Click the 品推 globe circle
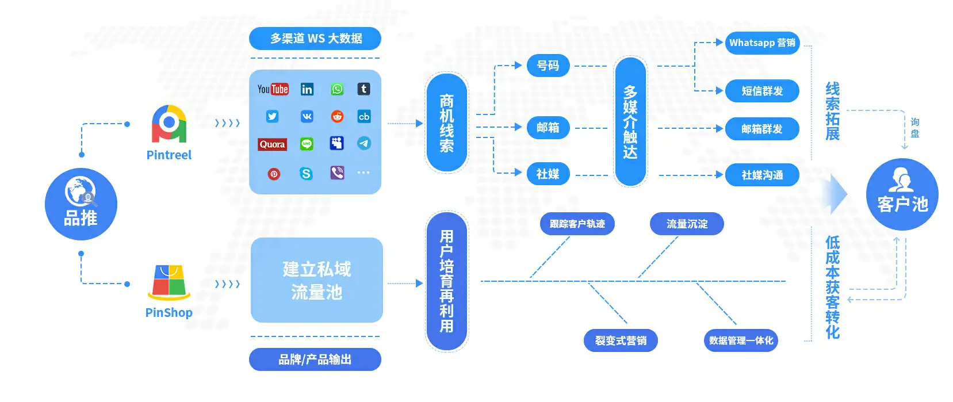[x=81, y=204]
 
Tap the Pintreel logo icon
[x=169, y=124]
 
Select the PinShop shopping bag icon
[x=169, y=282]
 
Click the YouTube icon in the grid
[x=273, y=89]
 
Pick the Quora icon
[x=272, y=144]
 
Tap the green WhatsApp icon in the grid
[x=337, y=89]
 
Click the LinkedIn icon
[x=307, y=89]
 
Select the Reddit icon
[x=337, y=117]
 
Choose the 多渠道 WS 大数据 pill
[x=315, y=39]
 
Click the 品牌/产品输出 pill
[x=315, y=359]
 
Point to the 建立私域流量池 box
[x=316, y=280]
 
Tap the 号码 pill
[x=548, y=66]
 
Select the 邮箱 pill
[x=548, y=128]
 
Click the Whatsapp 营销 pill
[x=762, y=43]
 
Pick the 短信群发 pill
[x=762, y=91]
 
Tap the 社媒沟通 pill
[x=762, y=175]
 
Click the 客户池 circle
[x=902, y=194]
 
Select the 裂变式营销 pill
[x=621, y=340]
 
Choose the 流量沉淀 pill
[x=687, y=224]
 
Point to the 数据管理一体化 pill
[x=741, y=340]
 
